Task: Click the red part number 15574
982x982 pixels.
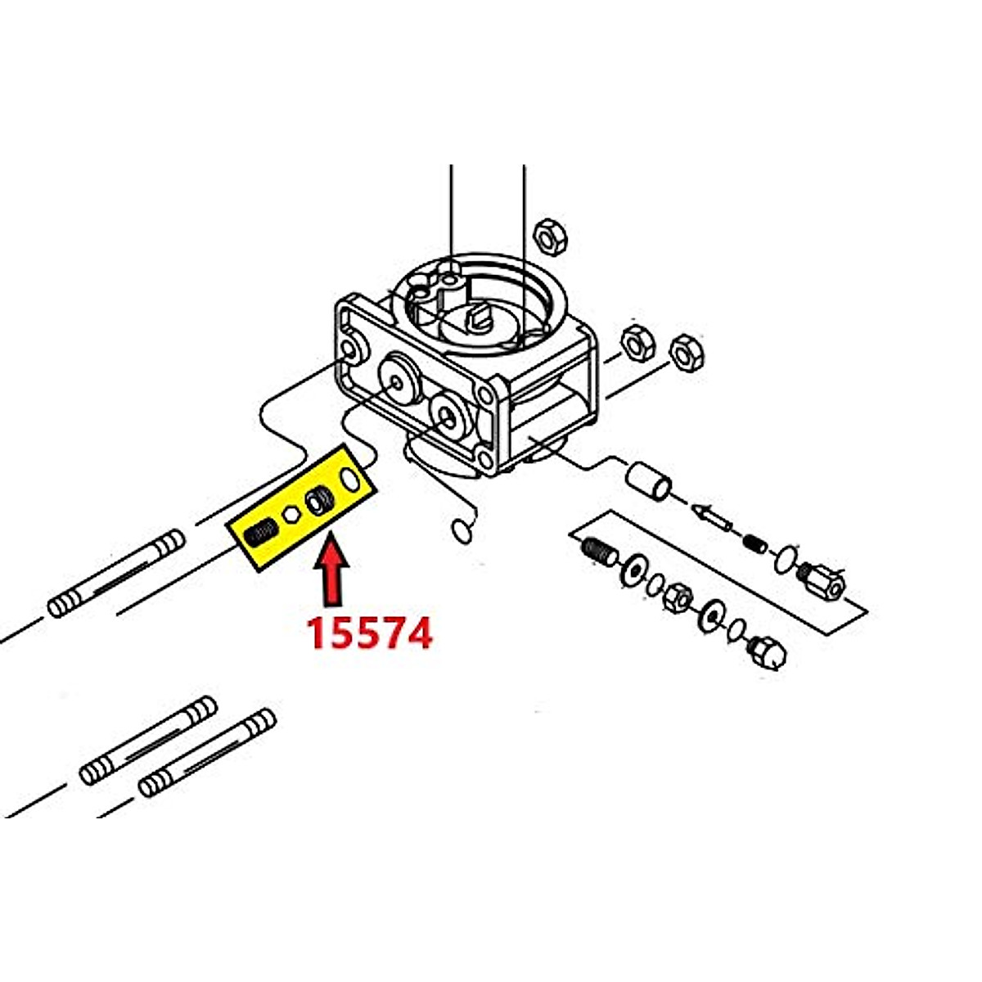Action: (369, 632)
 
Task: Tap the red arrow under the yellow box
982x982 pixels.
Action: (331, 573)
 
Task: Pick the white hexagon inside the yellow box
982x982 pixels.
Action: (289, 516)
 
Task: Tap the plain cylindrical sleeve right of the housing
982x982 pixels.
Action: (649, 481)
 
